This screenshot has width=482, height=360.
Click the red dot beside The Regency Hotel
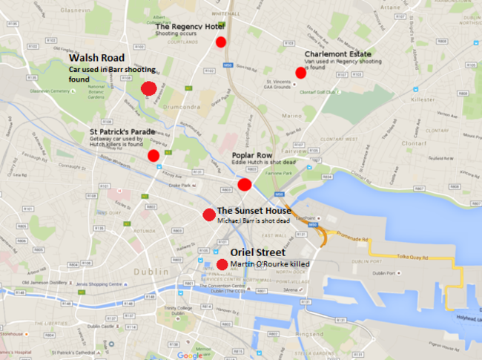pos(220,42)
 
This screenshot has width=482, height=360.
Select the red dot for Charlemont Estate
pos(300,72)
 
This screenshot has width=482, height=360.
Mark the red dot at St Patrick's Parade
pos(153,155)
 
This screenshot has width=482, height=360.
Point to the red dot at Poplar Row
pos(245,184)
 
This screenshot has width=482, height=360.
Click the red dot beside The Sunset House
pos(208,215)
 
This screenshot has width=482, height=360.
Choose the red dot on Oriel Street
pos(222,264)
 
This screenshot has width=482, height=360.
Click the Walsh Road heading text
pos(96,57)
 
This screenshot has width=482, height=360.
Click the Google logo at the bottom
pos(191,354)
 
